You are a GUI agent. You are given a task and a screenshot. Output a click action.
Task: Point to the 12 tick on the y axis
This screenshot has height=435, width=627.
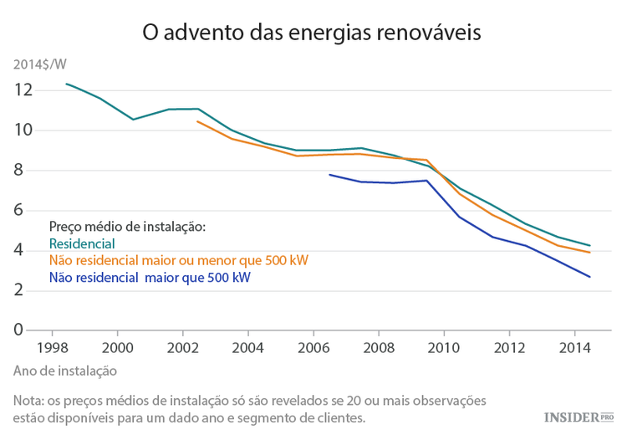tap(23, 90)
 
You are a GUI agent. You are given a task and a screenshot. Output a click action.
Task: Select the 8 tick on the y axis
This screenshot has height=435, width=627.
tap(27, 171)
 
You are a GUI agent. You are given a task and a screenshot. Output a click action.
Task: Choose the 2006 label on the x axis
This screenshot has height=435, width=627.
tap(313, 347)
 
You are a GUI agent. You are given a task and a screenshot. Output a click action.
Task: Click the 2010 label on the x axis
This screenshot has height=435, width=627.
tap(444, 347)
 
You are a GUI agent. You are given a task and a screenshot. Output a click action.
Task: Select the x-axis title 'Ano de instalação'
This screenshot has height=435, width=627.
tap(65, 370)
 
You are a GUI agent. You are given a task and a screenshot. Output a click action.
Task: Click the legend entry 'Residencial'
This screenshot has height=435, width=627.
tap(82, 243)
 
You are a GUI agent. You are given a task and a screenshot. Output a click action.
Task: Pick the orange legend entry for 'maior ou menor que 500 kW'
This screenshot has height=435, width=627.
tap(179, 260)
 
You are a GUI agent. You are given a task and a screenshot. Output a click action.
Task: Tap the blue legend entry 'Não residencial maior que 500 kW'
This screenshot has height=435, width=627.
tap(150, 277)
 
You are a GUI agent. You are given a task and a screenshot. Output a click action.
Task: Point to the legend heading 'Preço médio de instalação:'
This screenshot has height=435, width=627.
tap(127, 227)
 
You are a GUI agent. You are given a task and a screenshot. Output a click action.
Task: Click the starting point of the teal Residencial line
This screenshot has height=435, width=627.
tap(67, 84)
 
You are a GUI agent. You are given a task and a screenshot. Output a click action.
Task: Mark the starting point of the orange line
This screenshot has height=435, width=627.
tap(197, 121)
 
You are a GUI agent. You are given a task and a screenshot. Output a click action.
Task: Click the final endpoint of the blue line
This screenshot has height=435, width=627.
tap(591, 277)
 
